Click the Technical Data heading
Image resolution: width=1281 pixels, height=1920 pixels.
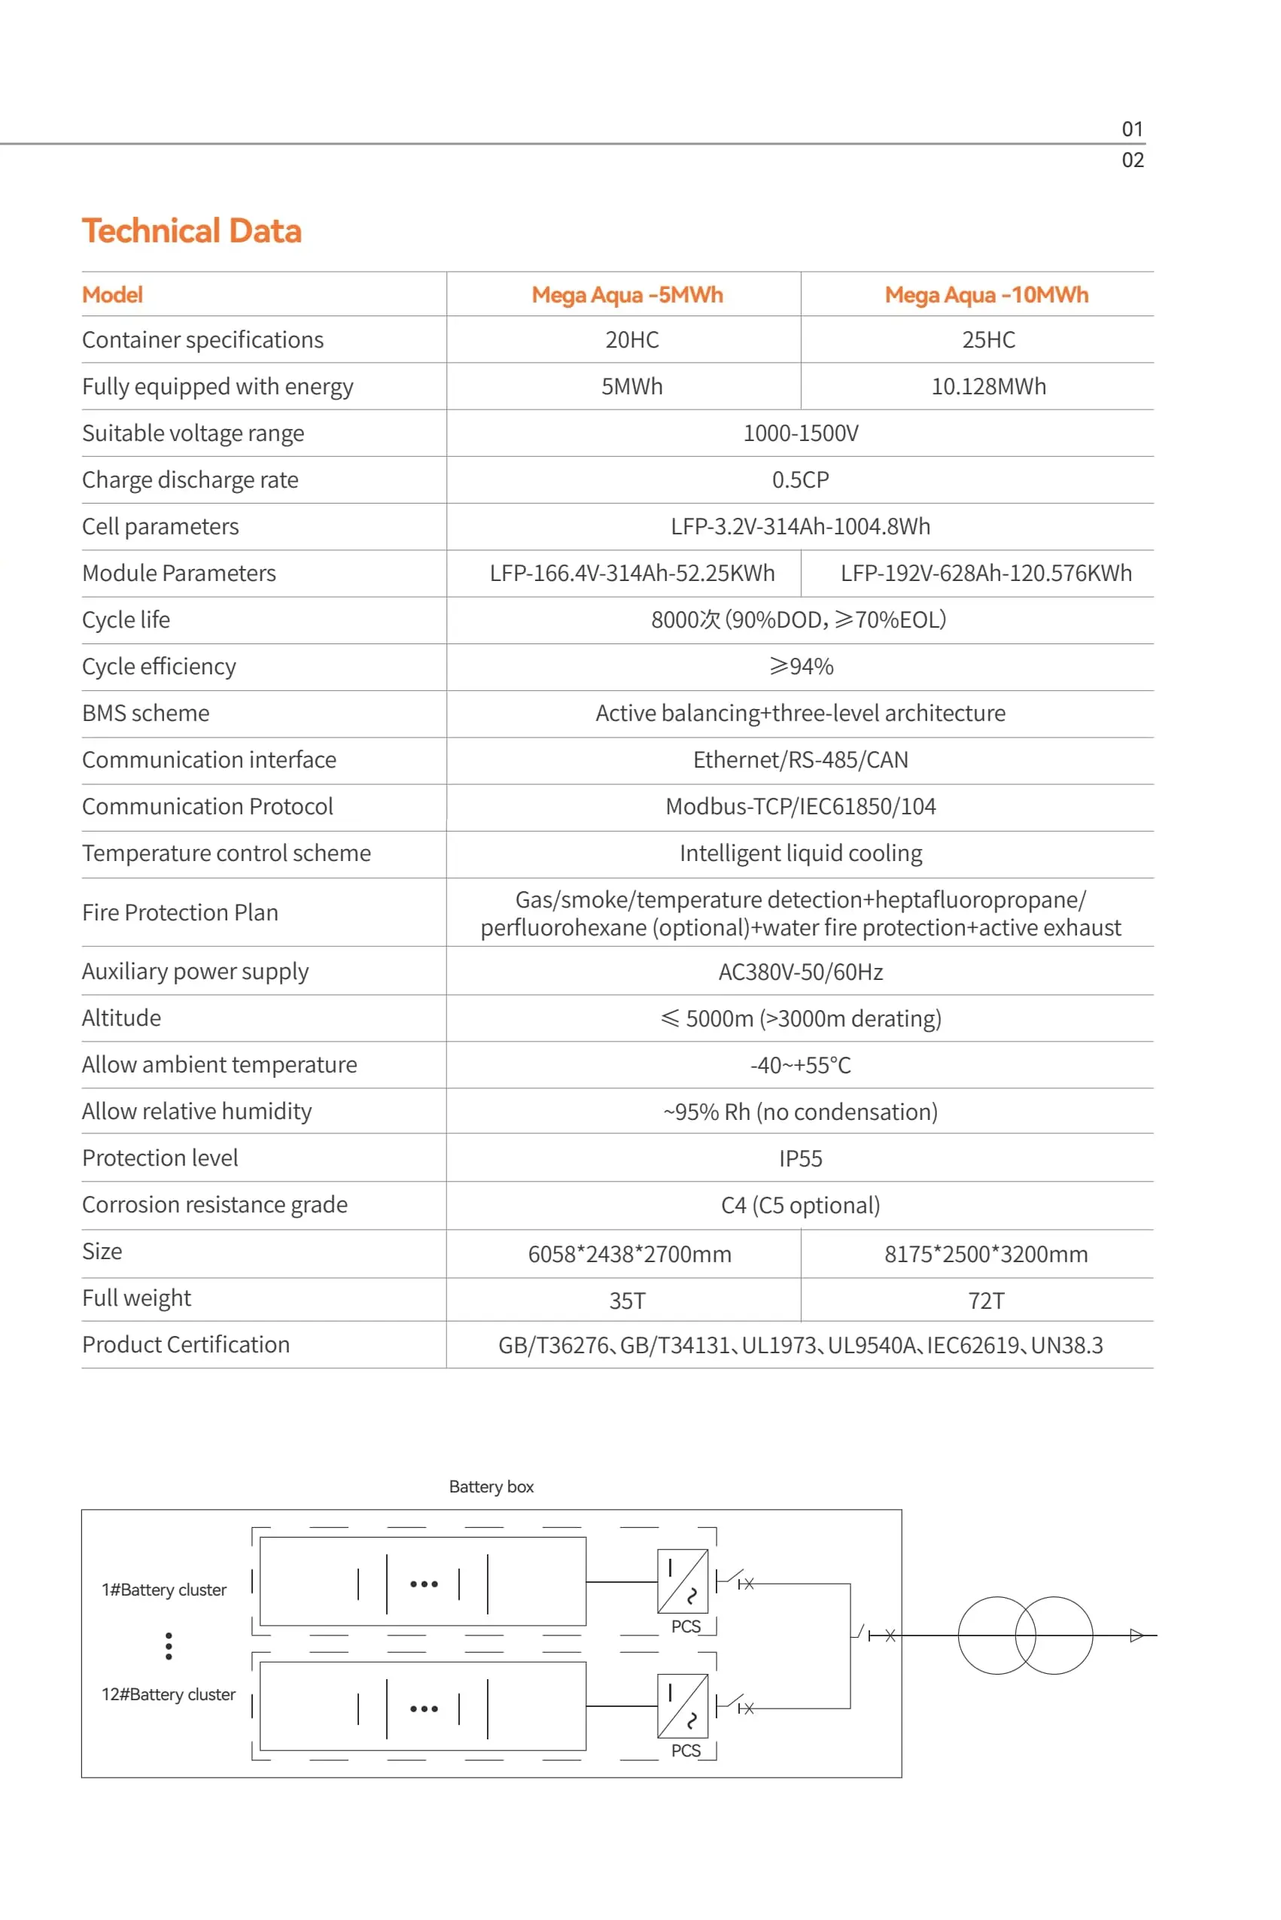[x=191, y=231]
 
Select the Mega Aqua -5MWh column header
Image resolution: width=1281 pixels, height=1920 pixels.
[x=627, y=295]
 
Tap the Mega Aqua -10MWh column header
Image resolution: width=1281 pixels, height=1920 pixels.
[x=986, y=295]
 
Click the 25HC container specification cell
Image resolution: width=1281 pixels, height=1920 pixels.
[x=987, y=340]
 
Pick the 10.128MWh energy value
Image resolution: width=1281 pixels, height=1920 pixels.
[x=987, y=386]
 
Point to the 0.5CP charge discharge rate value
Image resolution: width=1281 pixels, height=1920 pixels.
[x=800, y=479]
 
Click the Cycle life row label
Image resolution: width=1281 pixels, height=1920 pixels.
[x=126, y=620]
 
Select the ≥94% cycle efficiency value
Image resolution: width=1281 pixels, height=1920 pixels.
[x=800, y=667]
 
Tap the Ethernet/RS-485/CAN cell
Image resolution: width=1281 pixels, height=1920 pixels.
[x=800, y=760]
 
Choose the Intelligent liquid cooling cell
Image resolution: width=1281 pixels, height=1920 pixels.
[x=800, y=853]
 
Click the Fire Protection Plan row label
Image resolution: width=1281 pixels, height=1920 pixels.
[x=180, y=913]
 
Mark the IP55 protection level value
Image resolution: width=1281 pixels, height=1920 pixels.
[x=800, y=1158]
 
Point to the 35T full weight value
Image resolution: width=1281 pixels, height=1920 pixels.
[x=627, y=1301]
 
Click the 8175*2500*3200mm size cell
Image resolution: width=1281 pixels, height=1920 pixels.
[x=985, y=1254]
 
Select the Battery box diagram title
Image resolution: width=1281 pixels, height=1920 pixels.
[x=491, y=1487]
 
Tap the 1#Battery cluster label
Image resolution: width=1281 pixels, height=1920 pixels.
[x=163, y=1590]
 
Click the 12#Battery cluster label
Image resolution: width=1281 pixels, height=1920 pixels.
[x=169, y=1694]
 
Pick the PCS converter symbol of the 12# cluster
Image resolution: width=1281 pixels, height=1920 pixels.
[x=682, y=1706]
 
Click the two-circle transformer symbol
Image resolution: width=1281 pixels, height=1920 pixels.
[x=1024, y=1635]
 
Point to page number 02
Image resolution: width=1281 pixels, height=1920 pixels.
[x=1131, y=160]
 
